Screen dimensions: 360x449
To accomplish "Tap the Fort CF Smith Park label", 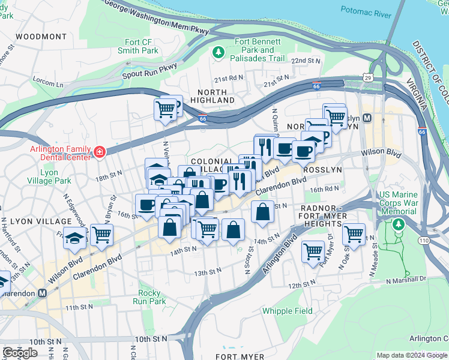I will (x=137, y=46).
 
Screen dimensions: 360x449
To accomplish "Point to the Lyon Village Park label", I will (x=50, y=176).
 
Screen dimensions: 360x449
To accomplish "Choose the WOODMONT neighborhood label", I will (x=41, y=37).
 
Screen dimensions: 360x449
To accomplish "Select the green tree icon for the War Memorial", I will (x=397, y=224).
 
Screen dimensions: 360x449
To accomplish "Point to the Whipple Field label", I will (x=287, y=311).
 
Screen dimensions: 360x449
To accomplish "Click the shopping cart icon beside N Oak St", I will (x=354, y=233).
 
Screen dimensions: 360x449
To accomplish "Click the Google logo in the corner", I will (x=20, y=352).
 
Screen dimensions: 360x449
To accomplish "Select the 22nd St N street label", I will (x=306, y=61).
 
